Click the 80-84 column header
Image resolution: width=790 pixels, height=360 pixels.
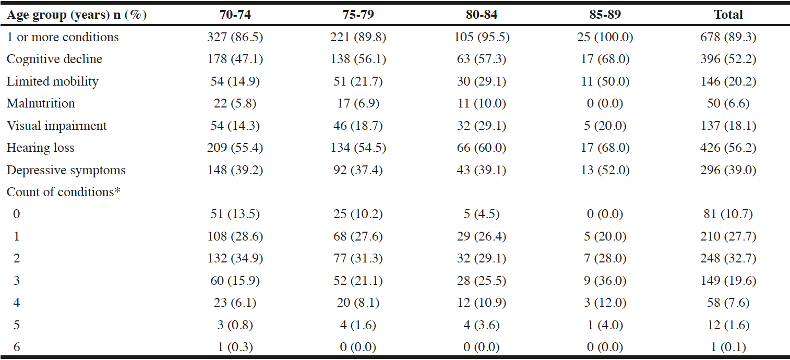point(482,15)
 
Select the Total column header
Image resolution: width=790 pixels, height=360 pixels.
point(728,15)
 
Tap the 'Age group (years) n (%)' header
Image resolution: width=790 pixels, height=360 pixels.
point(77,15)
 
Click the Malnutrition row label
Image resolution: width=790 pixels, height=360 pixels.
point(41,103)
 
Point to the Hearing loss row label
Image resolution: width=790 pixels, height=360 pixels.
point(41,148)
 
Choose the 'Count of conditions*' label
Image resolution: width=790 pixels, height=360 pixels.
point(64,192)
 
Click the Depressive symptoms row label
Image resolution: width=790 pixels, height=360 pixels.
point(66,170)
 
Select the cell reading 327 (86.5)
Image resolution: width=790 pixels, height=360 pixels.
point(235,37)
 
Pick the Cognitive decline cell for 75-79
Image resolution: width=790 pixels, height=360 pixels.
point(358,59)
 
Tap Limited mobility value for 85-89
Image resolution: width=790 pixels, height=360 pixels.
point(605,81)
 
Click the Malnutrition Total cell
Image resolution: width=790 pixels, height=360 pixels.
point(728,103)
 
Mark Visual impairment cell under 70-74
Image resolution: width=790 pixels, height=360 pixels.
point(235,126)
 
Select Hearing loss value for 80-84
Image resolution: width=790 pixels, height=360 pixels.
point(482,148)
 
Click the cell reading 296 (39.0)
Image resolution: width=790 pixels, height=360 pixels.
point(728,170)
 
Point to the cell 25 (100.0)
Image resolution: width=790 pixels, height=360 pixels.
point(605,37)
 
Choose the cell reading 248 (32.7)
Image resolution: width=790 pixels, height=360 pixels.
point(728,258)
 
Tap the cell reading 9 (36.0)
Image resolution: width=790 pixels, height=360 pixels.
point(605,281)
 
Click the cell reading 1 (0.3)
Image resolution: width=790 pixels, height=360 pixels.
point(235,347)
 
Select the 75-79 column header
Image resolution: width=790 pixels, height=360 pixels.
point(358,15)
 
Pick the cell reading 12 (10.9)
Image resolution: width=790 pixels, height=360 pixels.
point(482,303)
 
